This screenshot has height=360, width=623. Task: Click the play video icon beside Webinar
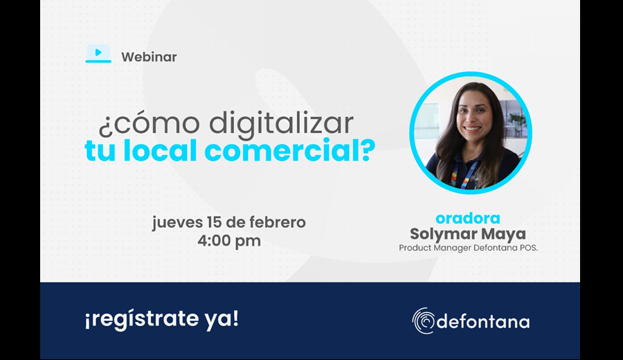[x=98, y=53]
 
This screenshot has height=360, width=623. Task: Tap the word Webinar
[x=149, y=57]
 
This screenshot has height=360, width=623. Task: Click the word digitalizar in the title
[x=281, y=123]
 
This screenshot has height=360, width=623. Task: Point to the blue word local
[x=160, y=150]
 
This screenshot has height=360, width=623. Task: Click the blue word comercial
[x=278, y=150]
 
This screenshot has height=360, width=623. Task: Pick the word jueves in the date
[x=177, y=222]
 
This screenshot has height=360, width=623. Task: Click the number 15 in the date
[x=215, y=222]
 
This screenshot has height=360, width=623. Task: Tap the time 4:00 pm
[x=229, y=241]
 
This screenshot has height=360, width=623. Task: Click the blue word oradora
[x=468, y=218]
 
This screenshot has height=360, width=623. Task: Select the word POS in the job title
[x=528, y=248]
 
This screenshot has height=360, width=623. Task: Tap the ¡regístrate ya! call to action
[x=162, y=319]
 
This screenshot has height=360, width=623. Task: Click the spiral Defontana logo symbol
[x=424, y=321]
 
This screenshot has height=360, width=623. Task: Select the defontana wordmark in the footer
[x=482, y=321]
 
